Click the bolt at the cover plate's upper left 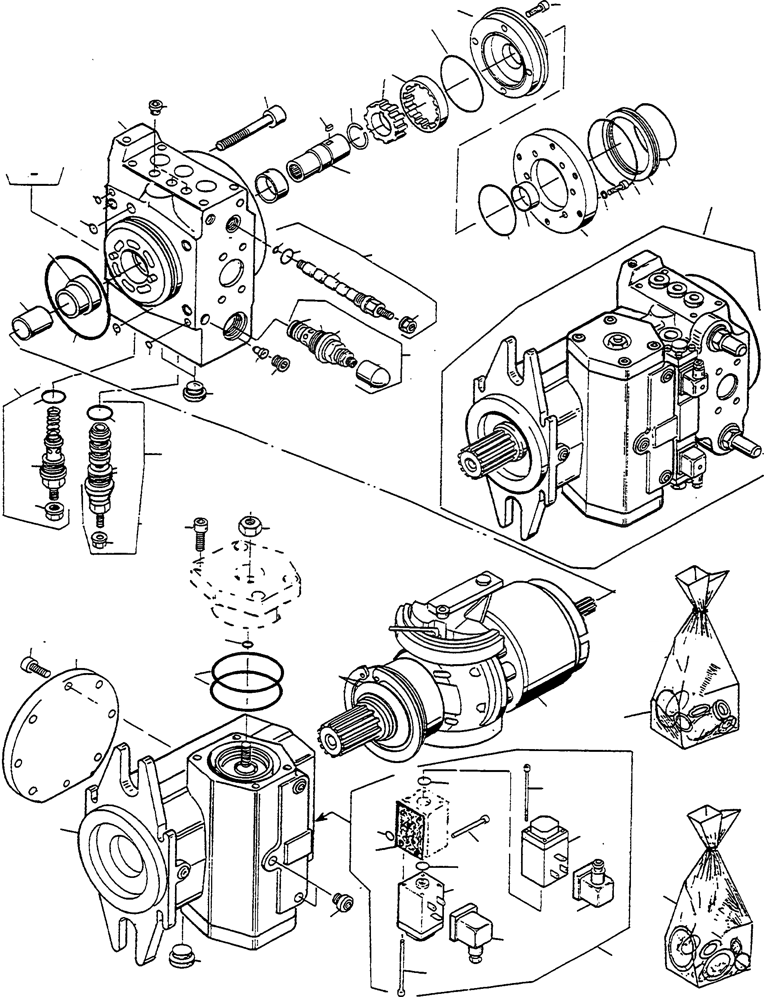pyautogui.click(x=33, y=667)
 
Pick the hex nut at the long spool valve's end pyautogui.click(x=406, y=323)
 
